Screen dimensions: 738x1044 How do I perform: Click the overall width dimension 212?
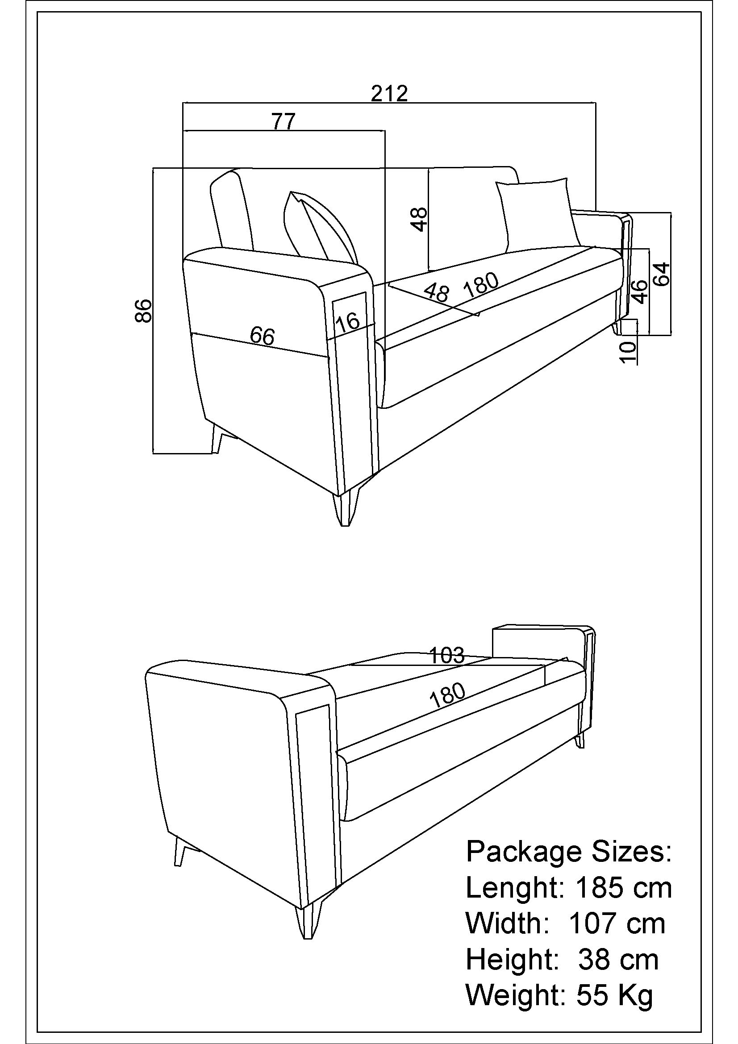pos(389,93)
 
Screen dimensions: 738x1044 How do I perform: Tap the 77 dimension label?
pos(284,121)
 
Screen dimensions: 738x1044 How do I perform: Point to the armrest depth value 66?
pos(263,336)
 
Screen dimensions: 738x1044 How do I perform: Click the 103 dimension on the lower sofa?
pos(447,655)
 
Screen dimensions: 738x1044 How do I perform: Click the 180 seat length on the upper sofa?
pos(481,285)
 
